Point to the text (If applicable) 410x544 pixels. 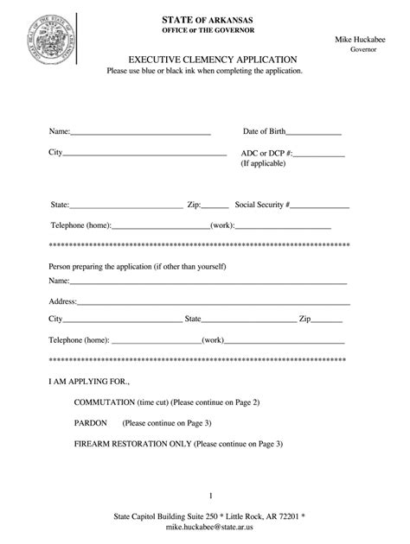point(266,162)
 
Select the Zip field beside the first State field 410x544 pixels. point(215,207)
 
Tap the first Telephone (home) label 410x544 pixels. point(80,225)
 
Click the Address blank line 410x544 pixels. point(213,304)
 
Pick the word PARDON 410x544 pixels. point(91,423)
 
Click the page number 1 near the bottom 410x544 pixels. point(210,496)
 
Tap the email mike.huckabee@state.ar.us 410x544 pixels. point(210,524)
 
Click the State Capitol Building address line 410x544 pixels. point(210,515)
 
